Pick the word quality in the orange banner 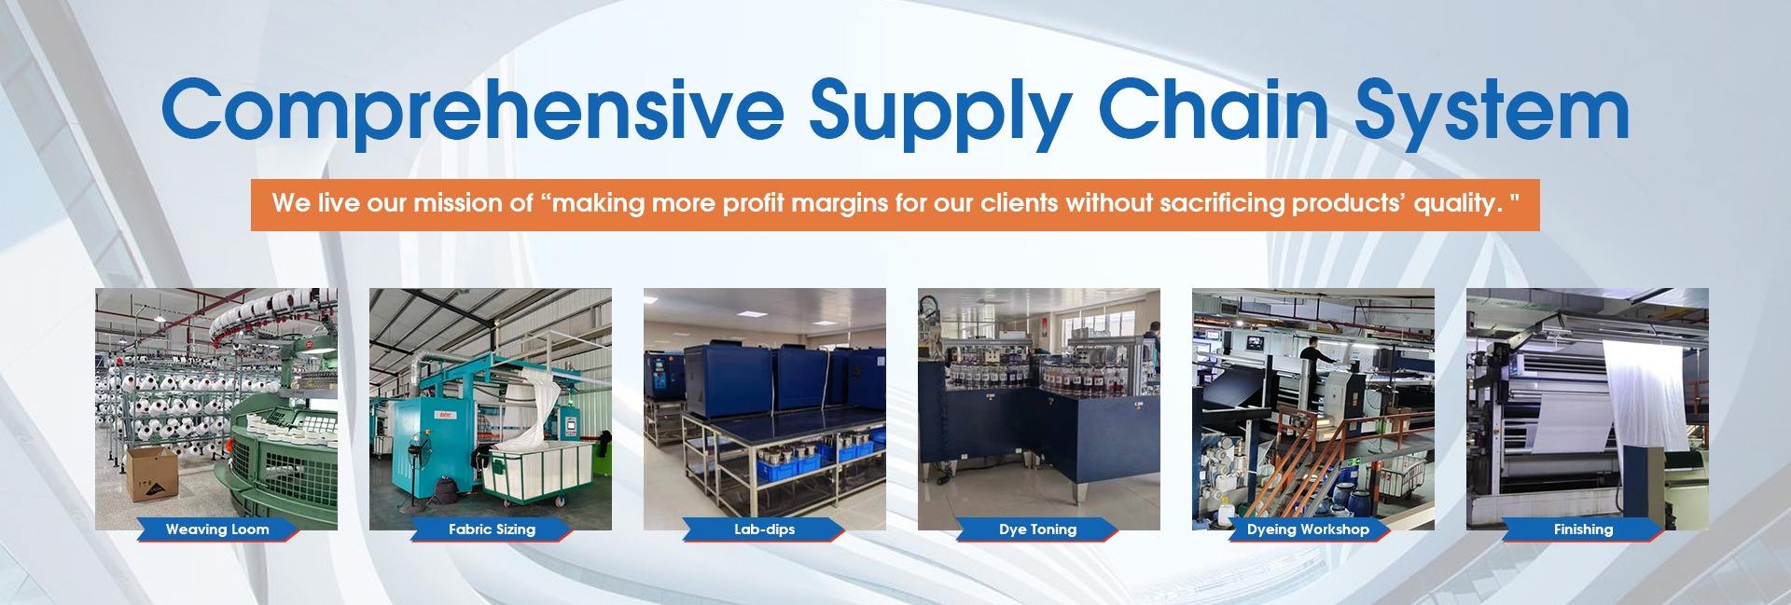tap(1456, 204)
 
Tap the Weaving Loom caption tap(217, 529)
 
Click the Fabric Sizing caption tap(492, 529)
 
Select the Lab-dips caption tap(764, 529)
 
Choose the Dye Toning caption tap(1037, 529)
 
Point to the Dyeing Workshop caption tap(1308, 529)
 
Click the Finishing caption tap(1583, 529)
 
